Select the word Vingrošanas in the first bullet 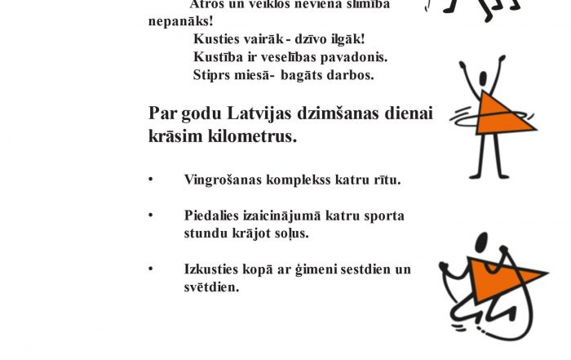coord(220,180)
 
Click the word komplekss coord(294,180)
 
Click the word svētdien coord(211,287)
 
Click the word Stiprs coord(210,75)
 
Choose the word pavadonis coord(356,57)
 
